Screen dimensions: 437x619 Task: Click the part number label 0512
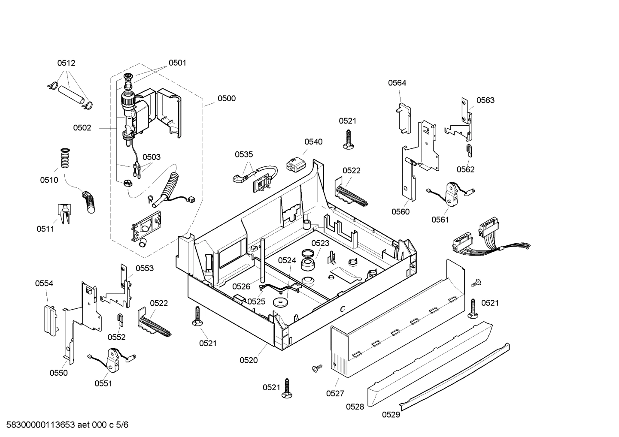point(66,63)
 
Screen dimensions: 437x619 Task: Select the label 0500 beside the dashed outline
point(226,98)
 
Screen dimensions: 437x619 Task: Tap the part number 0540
point(313,142)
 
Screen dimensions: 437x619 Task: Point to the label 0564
point(397,83)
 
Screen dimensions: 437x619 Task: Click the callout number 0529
point(391,414)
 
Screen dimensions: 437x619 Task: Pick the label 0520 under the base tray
point(249,360)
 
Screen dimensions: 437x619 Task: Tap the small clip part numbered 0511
point(64,213)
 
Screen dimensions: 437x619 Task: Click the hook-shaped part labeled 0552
point(121,319)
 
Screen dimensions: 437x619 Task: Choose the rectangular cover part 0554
point(50,319)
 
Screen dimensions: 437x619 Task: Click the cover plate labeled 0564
point(402,118)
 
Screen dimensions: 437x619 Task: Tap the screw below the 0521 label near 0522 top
point(347,140)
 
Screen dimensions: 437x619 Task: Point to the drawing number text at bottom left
point(65,425)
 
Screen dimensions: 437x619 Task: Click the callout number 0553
point(145,268)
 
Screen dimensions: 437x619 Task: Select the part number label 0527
point(335,393)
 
